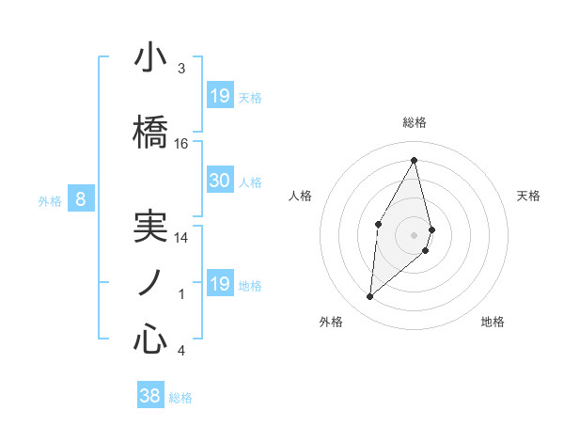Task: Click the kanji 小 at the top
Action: tap(149, 58)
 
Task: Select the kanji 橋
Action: tap(149, 133)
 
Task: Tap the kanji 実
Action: tap(149, 227)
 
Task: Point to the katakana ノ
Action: tap(149, 283)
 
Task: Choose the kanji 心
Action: tap(149, 339)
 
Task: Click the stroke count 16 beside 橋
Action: tap(181, 144)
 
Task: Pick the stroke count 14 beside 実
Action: tap(181, 238)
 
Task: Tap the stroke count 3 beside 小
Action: tap(181, 69)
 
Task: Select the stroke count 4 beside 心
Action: tap(181, 351)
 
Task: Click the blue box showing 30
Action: tap(219, 181)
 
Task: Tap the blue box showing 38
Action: tap(149, 396)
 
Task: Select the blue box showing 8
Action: tap(81, 198)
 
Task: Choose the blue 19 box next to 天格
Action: tap(219, 96)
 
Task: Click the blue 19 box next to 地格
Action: tap(219, 284)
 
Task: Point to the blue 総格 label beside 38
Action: tap(180, 398)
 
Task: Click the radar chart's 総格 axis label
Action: tap(414, 122)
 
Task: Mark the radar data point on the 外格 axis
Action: tap(370, 297)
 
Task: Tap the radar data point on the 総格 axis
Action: tap(414, 160)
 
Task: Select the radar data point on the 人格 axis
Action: tap(378, 224)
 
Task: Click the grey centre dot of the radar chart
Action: tap(414, 234)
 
